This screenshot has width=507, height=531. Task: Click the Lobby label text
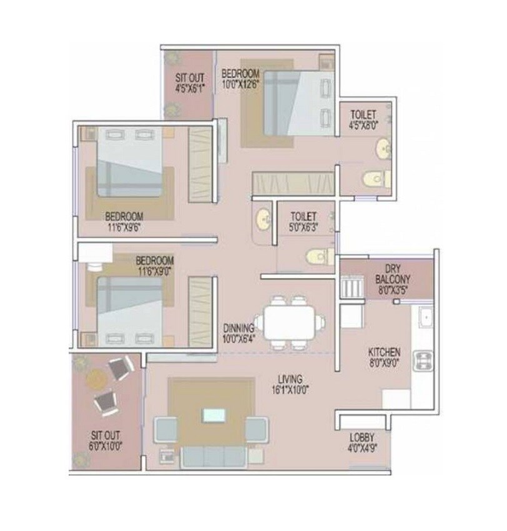pos(362,442)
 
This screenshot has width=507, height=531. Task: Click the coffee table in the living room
pos(212,415)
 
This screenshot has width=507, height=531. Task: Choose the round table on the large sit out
pos(95,378)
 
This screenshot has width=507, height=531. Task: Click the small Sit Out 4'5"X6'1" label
pos(189,83)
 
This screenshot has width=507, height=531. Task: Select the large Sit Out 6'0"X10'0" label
pos(106,440)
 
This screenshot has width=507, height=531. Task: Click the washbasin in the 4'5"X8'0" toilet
pos(381,149)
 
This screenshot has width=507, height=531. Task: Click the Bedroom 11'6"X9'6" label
pos(125,222)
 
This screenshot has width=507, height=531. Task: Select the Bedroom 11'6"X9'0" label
pos(154,264)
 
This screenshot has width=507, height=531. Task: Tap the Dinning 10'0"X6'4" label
pos(239,332)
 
